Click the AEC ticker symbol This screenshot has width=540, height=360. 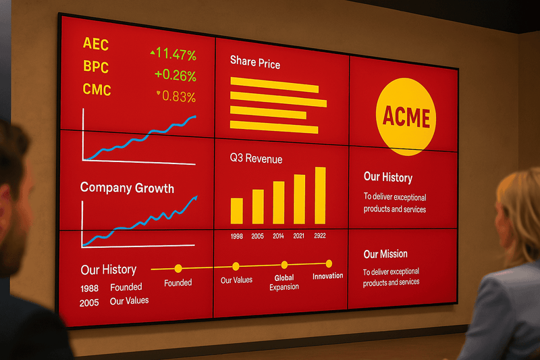click(96, 44)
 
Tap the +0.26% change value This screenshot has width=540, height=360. click(175, 75)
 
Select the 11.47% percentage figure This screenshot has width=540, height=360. click(176, 54)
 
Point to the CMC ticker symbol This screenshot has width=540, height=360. click(97, 90)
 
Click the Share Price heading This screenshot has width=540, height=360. click(255, 62)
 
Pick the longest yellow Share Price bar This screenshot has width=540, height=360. click(278, 99)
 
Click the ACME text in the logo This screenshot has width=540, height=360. click(406, 117)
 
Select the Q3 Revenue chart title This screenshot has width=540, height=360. click(256, 159)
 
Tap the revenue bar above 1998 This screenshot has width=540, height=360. click(237, 211)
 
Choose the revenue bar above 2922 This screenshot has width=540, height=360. click(320, 195)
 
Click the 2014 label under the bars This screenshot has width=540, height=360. click(278, 236)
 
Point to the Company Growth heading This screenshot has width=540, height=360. click(127, 188)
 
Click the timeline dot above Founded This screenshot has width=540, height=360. click(178, 268)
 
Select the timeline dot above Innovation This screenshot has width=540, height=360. click(329, 264)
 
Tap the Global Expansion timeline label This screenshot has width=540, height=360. click(284, 282)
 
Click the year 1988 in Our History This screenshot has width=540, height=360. click(90, 288)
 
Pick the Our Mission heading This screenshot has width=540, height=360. click(385, 254)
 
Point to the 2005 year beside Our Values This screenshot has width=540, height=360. click(89, 303)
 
